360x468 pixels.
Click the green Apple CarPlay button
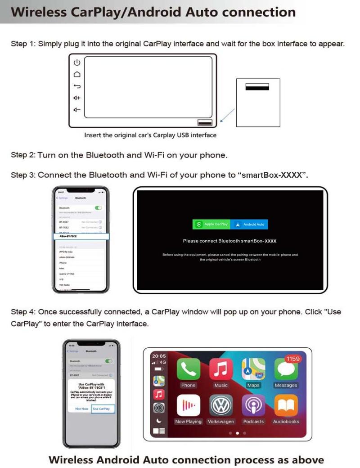pyautogui.click(x=211, y=224)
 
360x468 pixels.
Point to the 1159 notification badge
pyautogui.click(x=293, y=359)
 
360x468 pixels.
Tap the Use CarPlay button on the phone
pyautogui.click(x=101, y=409)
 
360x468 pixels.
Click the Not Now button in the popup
pyautogui.click(x=82, y=409)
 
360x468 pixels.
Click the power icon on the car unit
pyautogui.click(x=77, y=63)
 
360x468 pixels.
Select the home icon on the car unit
pyautogui.click(x=77, y=74)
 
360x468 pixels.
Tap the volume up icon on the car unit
pyautogui.click(x=77, y=98)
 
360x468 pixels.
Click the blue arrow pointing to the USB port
pyautogui.click(x=228, y=115)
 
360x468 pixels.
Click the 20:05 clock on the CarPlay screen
pyautogui.click(x=159, y=355)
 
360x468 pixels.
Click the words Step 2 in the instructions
pyautogui.click(x=22, y=155)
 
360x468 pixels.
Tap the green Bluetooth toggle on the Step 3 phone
pyautogui.click(x=98, y=208)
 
